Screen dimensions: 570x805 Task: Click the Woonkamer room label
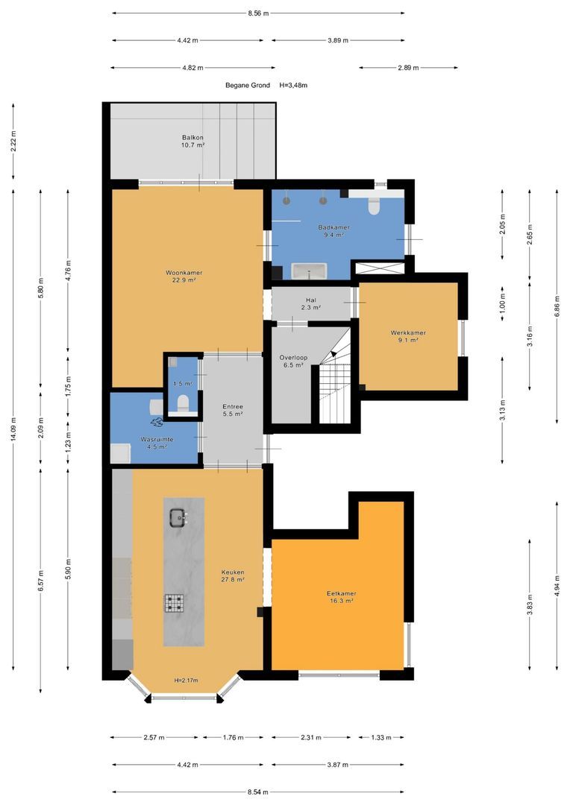pos(184,277)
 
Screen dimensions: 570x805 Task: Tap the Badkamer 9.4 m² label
pos(333,231)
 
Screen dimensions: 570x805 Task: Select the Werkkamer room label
pos(408,335)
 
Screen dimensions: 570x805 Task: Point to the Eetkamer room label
pos(341,596)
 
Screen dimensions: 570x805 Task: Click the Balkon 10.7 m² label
pos(192,141)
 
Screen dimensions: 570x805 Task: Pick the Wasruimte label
pos(157,443)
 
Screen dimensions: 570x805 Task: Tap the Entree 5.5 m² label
pos(232,410)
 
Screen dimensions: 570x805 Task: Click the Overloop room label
pos(293,361)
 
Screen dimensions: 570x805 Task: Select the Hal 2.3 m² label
pos(310,303)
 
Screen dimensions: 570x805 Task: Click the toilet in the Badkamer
pos(374,204)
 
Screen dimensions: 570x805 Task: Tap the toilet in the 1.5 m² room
pos(183,402)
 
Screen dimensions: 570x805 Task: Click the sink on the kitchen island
pos(178,517)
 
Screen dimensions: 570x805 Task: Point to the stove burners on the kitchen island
pos(174,603)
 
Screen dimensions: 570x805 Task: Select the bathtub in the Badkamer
pos(309,271)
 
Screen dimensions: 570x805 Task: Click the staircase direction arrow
pos(333,353)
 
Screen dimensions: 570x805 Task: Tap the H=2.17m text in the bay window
pos(186,681)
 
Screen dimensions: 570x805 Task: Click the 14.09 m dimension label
pos(13,429)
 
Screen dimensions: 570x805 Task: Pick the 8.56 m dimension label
pos(258,13)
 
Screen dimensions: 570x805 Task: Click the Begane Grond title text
pos(248,85)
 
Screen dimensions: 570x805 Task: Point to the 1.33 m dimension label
pos(380,738)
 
